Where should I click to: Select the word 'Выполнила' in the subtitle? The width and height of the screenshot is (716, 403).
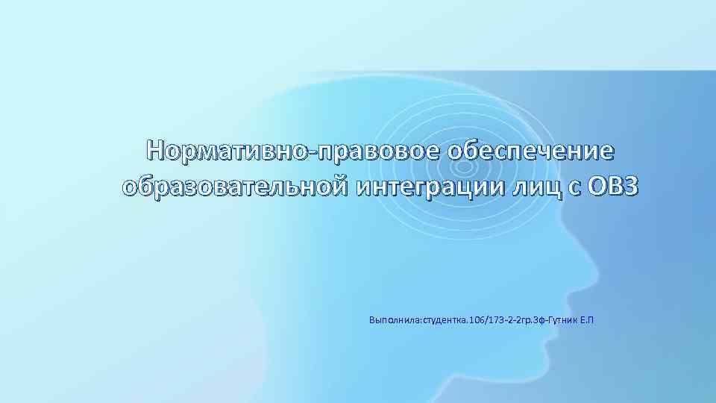click(x=395, y=320)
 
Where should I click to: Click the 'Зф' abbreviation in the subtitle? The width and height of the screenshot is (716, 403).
click(x=540, y=320)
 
